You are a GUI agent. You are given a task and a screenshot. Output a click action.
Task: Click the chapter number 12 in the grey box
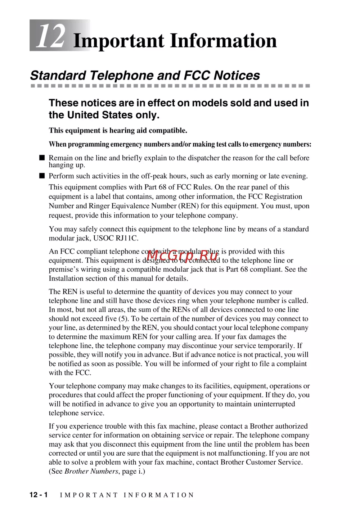coord(51,36)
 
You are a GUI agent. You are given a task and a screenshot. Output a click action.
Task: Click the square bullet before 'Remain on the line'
coord(42,158)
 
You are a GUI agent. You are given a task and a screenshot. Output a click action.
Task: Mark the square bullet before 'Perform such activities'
coord(42,176)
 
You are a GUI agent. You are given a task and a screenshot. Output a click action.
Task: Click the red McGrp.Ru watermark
coord(183,256)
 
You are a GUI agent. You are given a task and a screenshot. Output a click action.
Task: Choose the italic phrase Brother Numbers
coord(91,471)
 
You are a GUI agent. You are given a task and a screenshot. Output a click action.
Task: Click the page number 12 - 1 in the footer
coord(39,495)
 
